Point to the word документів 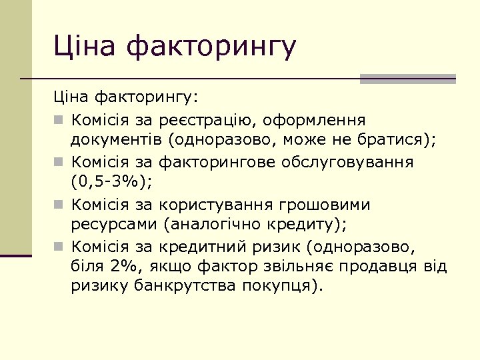[117, 140]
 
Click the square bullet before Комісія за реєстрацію [59, 121]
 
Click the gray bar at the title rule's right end [407, 79]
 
